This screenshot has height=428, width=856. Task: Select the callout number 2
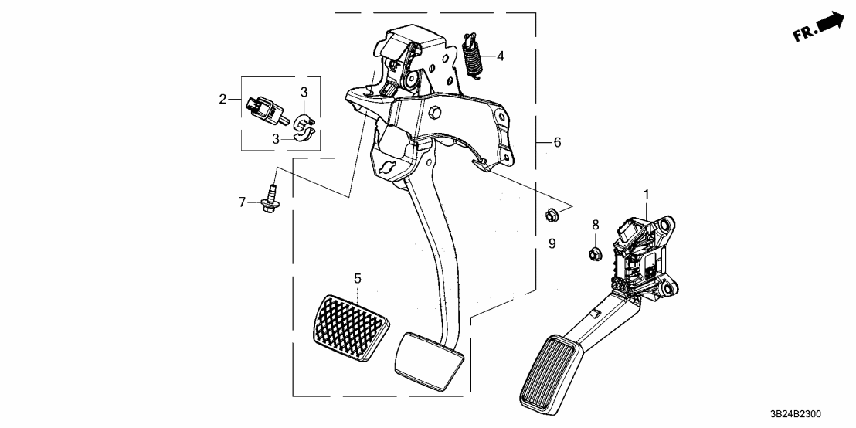click(222, 99)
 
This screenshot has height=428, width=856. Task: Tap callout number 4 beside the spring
click(500, 56)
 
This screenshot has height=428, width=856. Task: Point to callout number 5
click(358, 278)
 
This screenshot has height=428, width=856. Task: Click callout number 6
click(557, 142)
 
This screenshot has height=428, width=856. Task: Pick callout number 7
click(242, 202)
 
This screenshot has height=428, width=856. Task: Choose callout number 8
click(595, 225)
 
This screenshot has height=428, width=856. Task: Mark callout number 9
click(552, 243)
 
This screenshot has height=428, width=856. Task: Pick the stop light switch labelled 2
click(265, 107)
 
